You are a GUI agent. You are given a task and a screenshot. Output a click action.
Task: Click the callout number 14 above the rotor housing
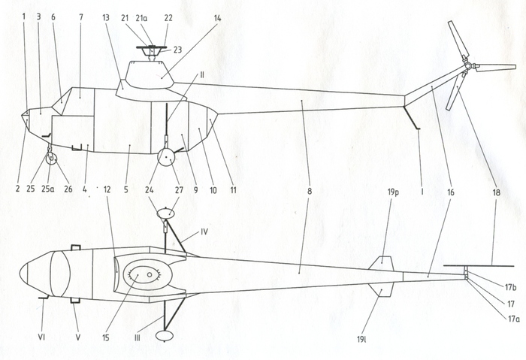217,18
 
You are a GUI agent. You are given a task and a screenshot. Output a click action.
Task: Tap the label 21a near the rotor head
141,18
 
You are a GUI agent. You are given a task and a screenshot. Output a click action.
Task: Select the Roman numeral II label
201,74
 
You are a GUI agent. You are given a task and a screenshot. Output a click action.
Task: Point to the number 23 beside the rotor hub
177,50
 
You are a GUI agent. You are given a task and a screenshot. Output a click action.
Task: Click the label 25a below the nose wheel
47,189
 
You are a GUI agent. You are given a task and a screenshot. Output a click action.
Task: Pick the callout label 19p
393,193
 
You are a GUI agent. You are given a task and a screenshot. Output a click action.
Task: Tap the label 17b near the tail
510,287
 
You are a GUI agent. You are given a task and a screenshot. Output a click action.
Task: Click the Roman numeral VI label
41,337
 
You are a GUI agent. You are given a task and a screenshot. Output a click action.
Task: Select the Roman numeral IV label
204,231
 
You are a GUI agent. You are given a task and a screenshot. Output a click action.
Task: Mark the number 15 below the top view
106,337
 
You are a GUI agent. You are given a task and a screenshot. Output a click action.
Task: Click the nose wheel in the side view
51,159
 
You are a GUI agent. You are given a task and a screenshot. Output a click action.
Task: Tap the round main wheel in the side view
166,157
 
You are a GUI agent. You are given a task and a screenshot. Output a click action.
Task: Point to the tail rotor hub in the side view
467,65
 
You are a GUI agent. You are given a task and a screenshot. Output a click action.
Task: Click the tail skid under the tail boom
412,118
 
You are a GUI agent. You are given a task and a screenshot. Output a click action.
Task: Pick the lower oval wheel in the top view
165,335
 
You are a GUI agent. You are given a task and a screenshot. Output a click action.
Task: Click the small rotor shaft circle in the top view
150,275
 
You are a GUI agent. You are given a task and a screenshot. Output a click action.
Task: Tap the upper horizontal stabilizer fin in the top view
381,263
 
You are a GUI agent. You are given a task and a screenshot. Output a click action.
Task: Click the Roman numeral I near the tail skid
422,192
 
